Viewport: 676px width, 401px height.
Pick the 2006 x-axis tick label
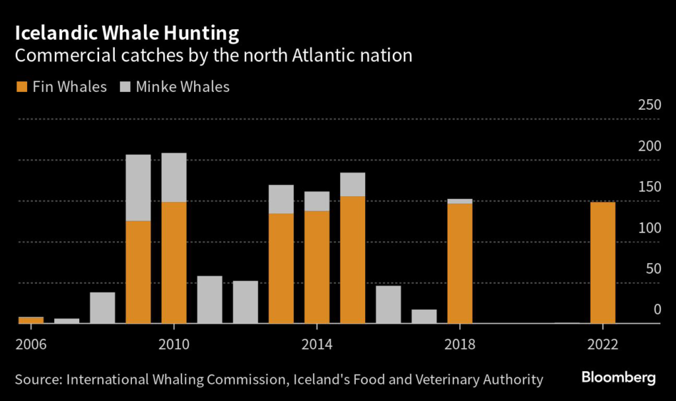pos(30,344)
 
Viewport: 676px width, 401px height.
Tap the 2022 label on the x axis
pos(603,344)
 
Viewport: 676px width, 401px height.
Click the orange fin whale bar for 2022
pos(603,262)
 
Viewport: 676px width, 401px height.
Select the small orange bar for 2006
pos(30,320)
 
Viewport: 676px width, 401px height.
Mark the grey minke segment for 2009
pos(139,188)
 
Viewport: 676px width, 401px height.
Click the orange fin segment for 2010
pos(174,262)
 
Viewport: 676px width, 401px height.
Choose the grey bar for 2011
pos(210,299)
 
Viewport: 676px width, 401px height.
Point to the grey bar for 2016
pos(388,305)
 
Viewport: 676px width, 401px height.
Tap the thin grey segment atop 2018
pos(459,201)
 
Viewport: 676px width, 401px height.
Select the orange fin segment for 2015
pos(353,260)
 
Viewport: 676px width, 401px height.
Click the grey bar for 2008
pos(102,308)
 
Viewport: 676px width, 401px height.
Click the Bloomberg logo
pos(618,378)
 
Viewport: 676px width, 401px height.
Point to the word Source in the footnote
pos(38,379)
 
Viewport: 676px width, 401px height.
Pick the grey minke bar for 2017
pos(424,316)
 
